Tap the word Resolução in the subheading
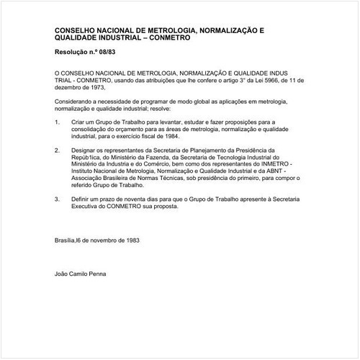click(70, 54)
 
